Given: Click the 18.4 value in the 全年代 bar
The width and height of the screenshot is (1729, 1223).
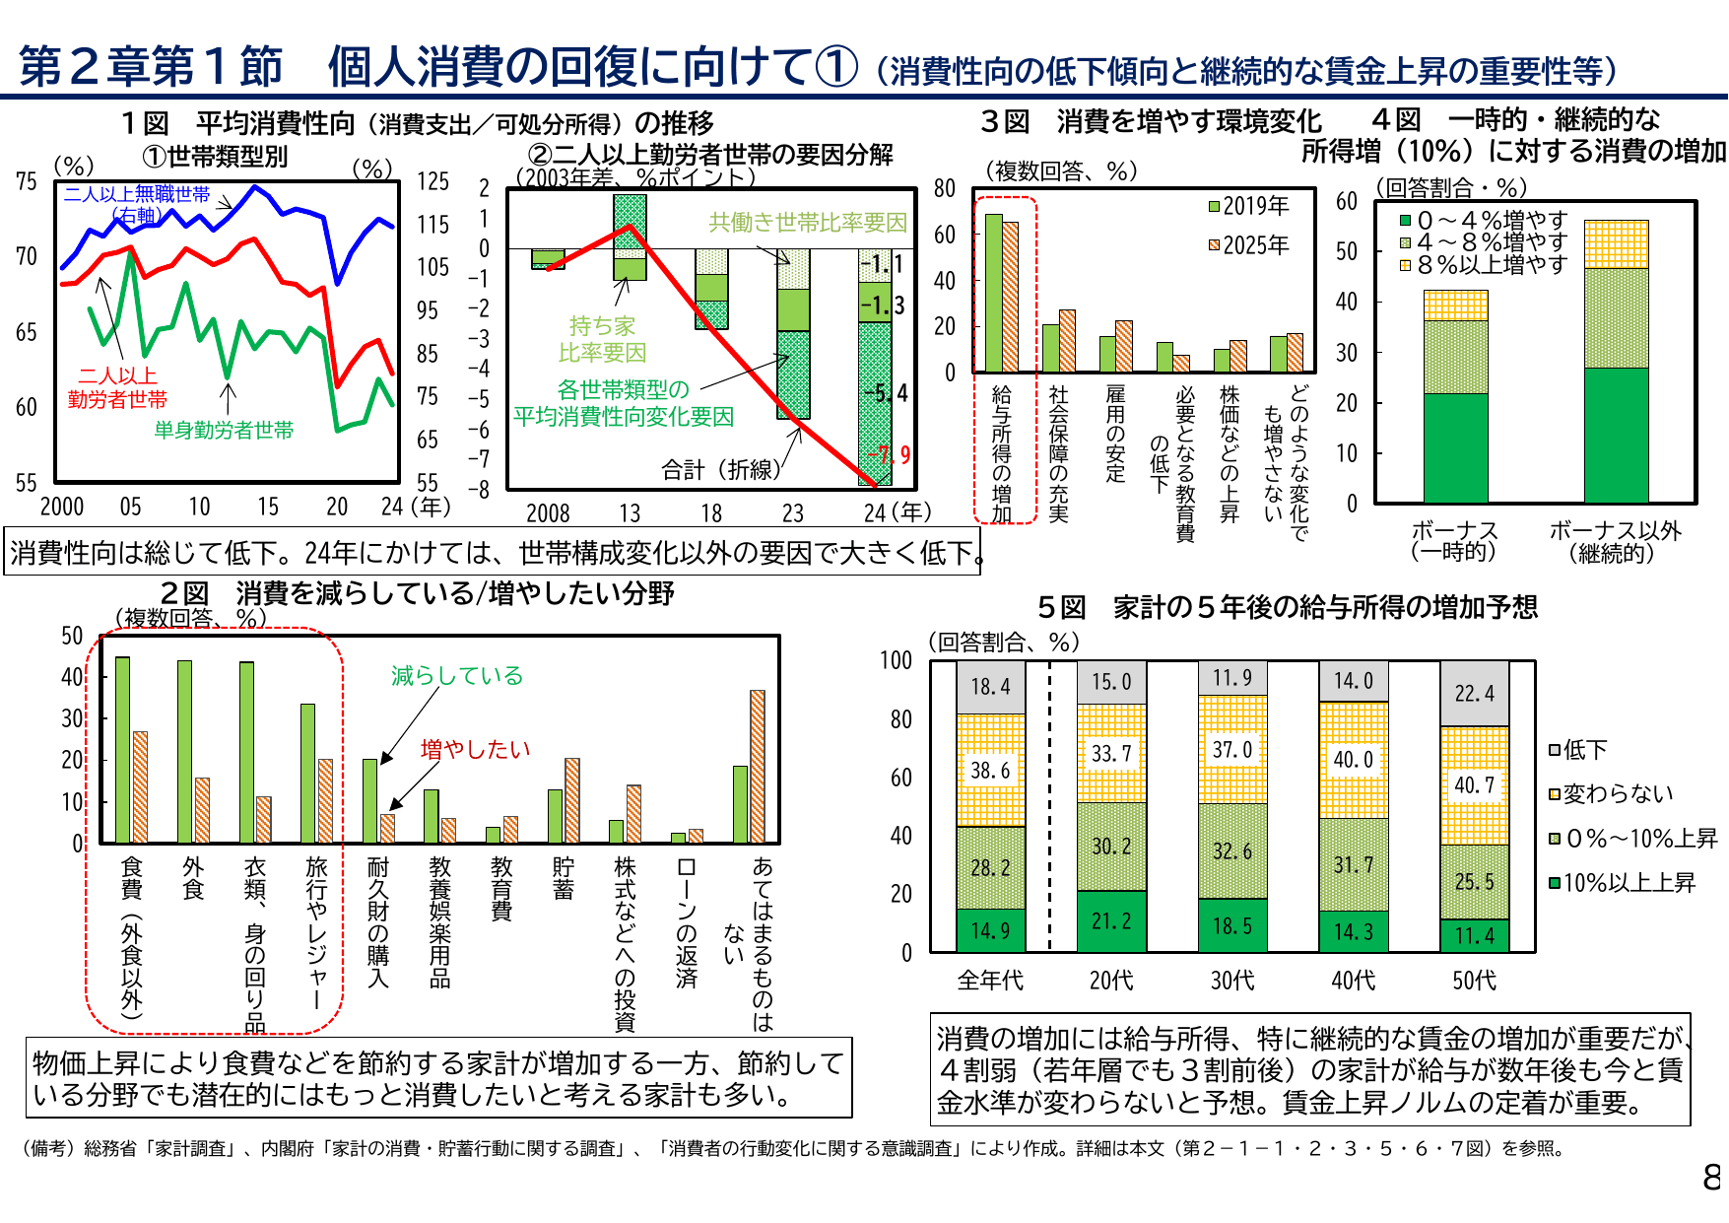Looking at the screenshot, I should click(990, 687).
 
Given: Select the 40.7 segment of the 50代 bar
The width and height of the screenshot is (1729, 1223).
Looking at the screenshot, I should click(1474, 785).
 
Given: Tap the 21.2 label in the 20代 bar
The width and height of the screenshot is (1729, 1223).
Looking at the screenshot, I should click(1111, 920).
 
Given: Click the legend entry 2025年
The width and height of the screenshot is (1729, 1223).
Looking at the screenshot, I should click(1248, 245).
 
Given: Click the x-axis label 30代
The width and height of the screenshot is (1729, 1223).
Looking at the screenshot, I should click(1232, 981).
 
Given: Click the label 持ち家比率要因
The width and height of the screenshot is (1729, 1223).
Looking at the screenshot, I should click(602, 339).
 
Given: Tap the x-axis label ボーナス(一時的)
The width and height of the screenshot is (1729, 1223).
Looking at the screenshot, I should click(1453, 541).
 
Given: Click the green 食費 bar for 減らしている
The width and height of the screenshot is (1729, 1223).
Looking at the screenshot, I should click(122, 749).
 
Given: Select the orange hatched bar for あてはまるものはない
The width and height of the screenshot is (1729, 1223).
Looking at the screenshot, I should click(757, 766).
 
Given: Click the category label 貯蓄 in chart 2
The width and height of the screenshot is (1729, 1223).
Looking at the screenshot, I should click(564, 878).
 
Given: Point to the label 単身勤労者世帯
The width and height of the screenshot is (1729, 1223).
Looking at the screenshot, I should click(224, 430).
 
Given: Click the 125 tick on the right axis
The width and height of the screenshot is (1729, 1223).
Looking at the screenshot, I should click(432, 181).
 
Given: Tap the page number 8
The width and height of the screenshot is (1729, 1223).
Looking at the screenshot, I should click(1711, 1177).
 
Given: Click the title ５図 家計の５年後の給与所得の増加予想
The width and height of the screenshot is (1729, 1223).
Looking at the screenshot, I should click(1287, 607).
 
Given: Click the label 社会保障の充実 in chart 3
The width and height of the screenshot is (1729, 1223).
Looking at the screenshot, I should click(1058, 453).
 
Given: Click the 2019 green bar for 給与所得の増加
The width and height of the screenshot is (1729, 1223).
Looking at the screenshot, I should click(993, 293).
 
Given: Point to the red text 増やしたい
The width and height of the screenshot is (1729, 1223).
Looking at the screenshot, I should click(475, 749).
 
